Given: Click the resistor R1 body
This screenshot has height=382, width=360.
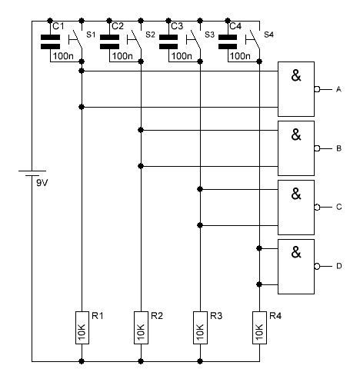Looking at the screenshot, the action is coord(82,327).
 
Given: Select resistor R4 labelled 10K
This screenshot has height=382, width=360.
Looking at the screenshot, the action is coord(259,327).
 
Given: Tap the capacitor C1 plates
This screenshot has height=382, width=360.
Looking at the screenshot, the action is coord(50,42).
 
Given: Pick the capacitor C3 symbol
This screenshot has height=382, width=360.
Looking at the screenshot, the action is coord(168,42).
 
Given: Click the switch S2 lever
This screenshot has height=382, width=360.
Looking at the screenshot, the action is coord(136,39).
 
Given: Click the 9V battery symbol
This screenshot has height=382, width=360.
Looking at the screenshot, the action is coord(32,173).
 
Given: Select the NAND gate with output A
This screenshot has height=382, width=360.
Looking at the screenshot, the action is coord(296,89).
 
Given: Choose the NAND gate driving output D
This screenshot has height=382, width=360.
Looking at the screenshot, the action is coord(296,267).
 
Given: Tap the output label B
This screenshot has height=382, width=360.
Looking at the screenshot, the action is coord(338,148).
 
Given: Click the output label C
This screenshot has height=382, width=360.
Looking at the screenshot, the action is coord(338,207).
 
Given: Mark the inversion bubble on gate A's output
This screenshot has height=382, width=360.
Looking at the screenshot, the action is coord(317,89).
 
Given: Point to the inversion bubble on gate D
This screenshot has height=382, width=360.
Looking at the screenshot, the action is coord(317,267).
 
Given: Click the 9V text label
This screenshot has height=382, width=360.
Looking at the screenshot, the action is coord(42,183).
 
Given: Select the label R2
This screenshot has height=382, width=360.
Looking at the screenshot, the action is coord(157,316).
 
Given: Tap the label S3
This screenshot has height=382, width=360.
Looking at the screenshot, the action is coord(209,35).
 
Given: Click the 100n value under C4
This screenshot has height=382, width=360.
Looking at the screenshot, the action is coord(240,56).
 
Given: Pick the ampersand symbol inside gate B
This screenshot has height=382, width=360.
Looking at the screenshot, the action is coord(296,135).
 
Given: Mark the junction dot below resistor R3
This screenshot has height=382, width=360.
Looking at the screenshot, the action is coord(200,361).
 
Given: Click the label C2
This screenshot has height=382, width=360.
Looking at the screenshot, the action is coord(118,26).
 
